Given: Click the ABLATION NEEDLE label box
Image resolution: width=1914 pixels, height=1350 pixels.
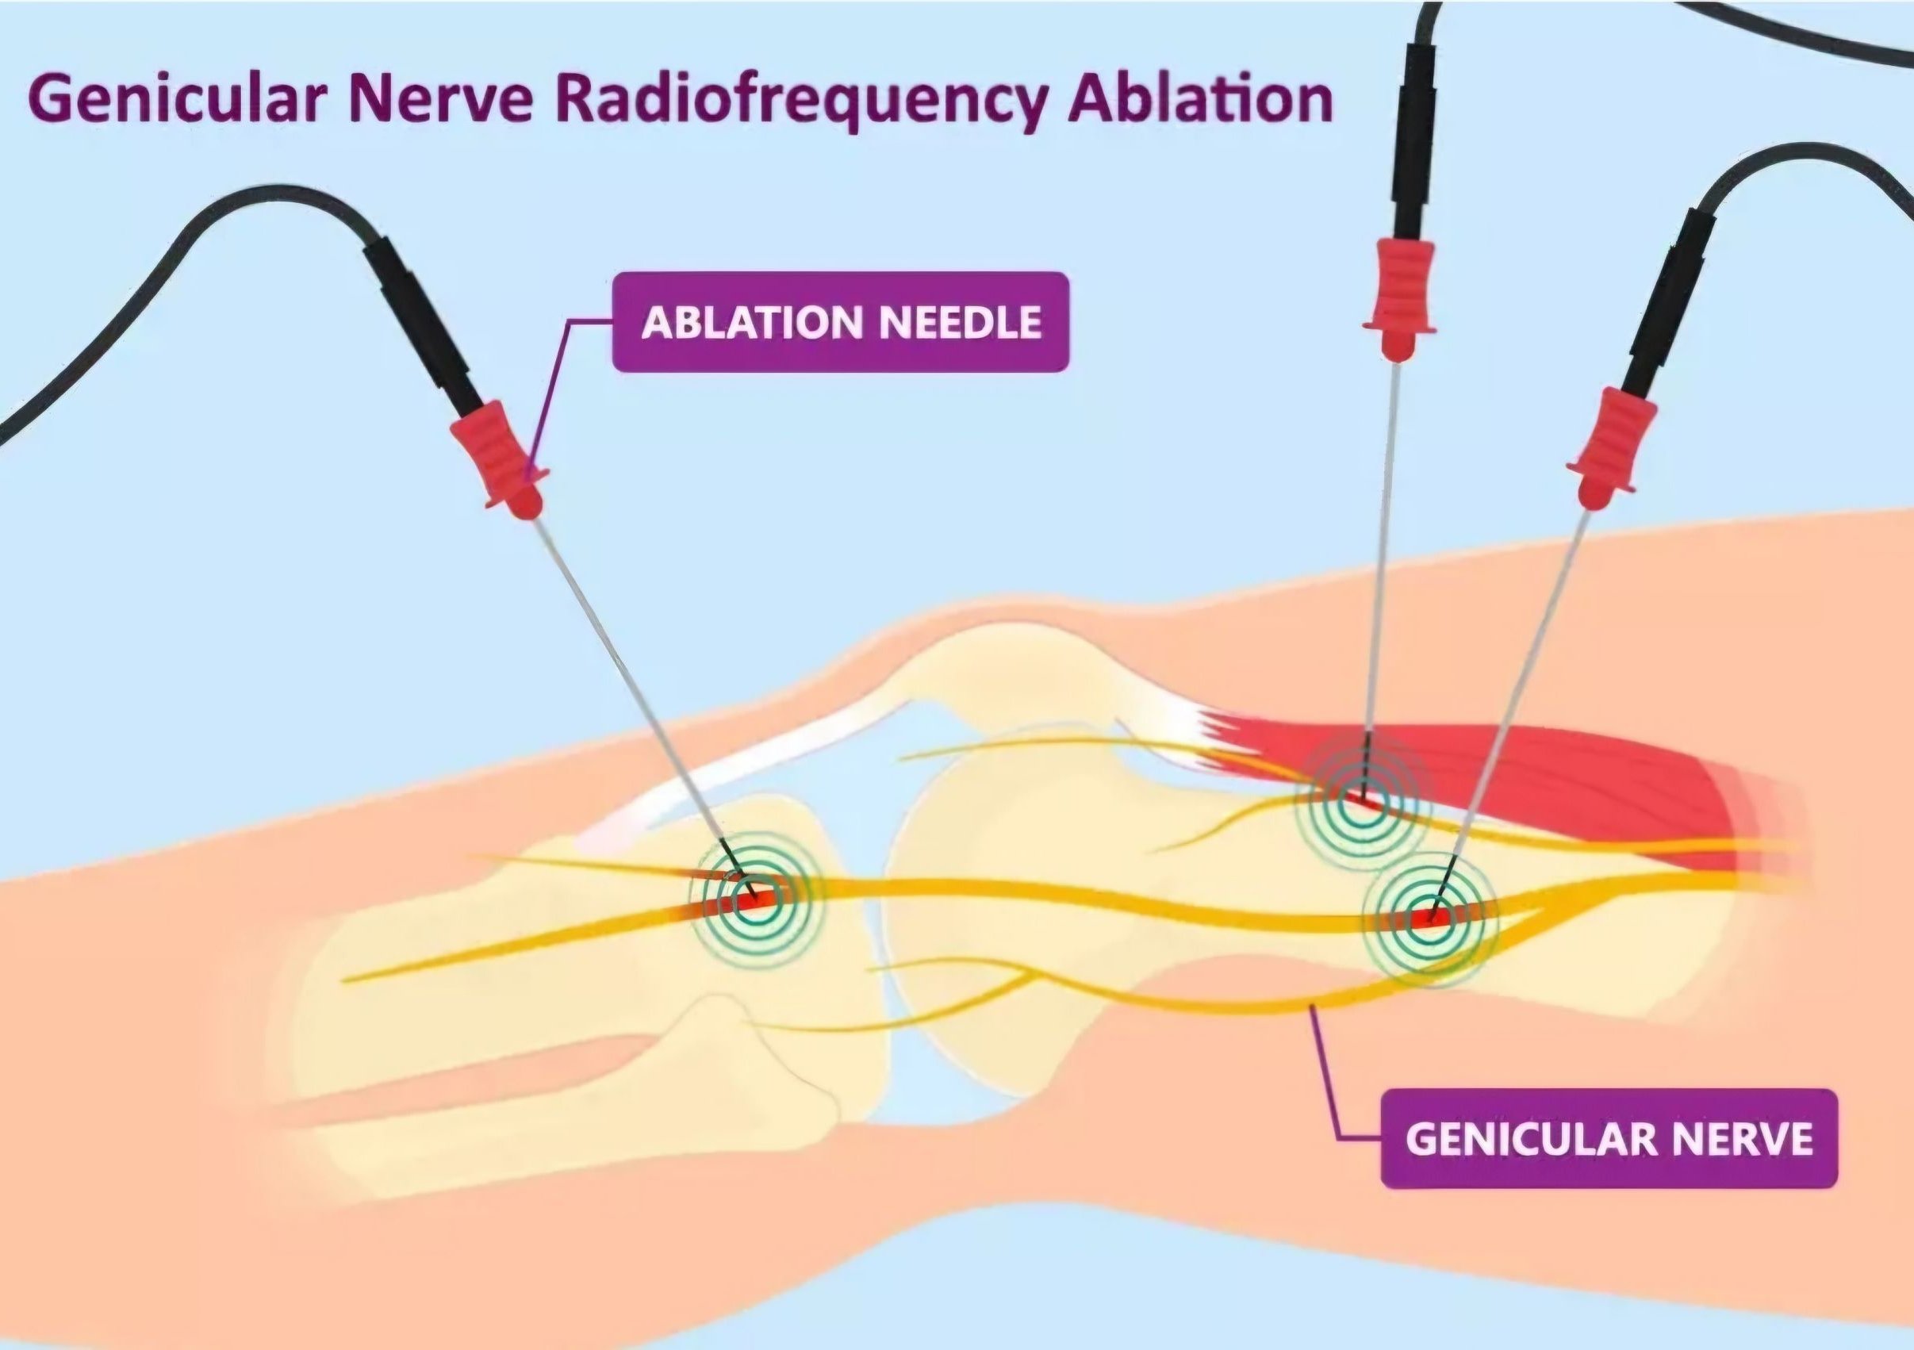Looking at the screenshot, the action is point(840,322).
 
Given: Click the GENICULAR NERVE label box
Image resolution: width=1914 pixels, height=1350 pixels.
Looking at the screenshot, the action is point(1609,1138).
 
